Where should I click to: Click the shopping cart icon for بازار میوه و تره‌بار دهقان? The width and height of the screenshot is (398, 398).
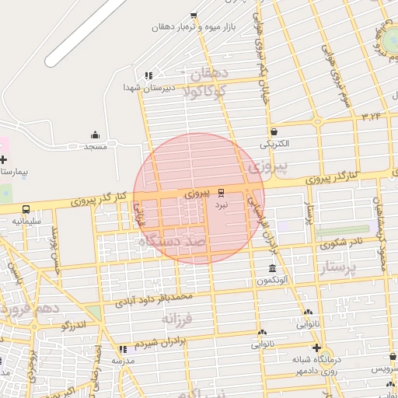click(x=194, y=16)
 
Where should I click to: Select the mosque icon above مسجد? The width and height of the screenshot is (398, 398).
click(x=96, y=134)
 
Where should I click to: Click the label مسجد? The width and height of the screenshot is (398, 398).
click(x=96, y=146)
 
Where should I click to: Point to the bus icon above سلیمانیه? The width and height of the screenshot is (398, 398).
click(x=26, y=210)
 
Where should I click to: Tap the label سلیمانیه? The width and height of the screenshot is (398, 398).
click(x=26, y=222)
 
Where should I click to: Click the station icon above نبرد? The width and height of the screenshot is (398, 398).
click(x=222, y=192)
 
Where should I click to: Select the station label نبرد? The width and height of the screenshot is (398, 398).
click(x=222, y=204)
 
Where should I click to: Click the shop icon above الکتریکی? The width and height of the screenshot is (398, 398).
click(x=274, y=132)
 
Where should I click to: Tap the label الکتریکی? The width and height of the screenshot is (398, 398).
click(x=274, y=144)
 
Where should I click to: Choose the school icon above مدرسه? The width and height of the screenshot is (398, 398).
click(x=122, y=349)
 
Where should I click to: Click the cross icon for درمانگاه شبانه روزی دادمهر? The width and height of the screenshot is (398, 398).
click(x=316, y=347)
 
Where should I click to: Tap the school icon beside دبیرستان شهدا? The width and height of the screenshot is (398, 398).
click(x=148, y=75)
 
